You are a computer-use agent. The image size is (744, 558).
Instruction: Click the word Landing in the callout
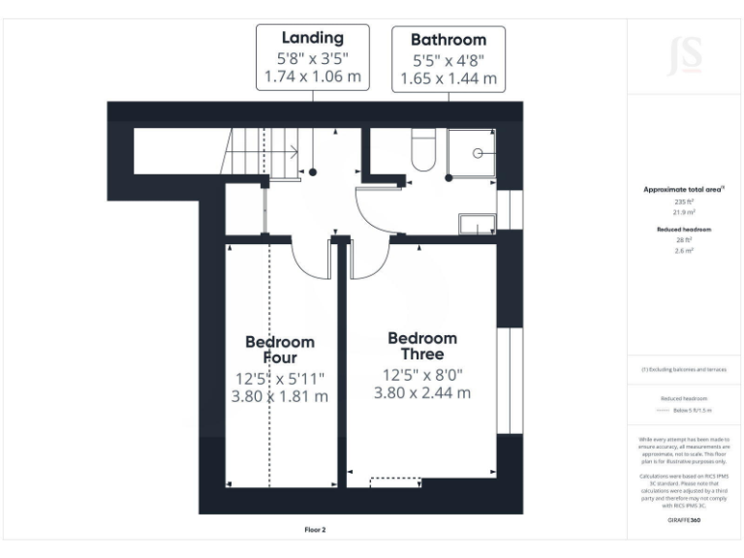tap(312, 39)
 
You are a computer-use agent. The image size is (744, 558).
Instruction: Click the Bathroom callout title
tap(448, 40)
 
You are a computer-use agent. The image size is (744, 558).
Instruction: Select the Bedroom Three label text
tap(422, 346)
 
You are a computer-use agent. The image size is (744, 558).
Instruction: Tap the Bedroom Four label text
tap(280, 350)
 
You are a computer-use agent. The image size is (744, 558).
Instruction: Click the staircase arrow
tap(291, 153)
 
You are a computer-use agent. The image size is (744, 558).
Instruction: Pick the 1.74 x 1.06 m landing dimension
tap(312, 77)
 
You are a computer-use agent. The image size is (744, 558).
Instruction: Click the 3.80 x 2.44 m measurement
tap(422, 392)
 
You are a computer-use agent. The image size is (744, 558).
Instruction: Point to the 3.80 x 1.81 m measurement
tap(280, 396)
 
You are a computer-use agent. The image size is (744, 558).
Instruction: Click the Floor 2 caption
tap(315, 530)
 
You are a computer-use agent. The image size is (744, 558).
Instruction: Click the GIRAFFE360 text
tap(684, 521)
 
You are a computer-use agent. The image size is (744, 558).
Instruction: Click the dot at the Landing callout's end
tap(313, 171)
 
